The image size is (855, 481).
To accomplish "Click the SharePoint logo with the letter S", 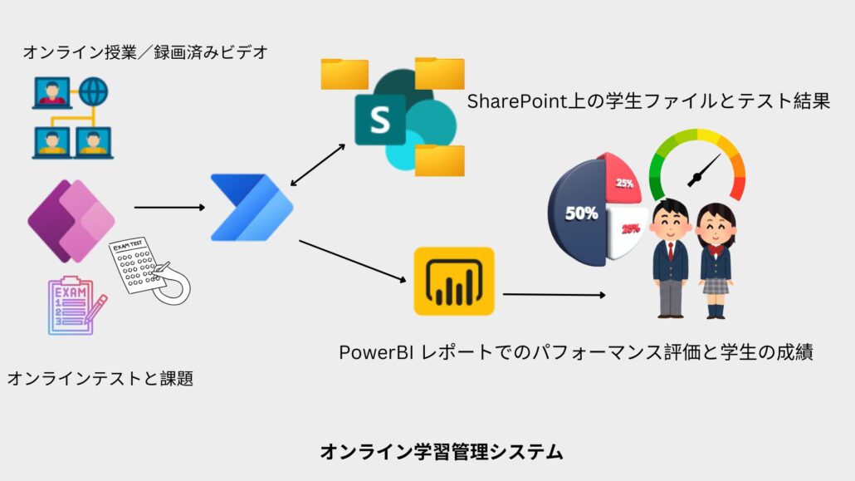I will tap(380, 120).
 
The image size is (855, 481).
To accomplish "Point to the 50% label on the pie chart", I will tap(581, 213).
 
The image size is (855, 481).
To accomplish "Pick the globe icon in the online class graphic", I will tap(94, 91).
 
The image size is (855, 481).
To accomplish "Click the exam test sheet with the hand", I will tap(149, 270).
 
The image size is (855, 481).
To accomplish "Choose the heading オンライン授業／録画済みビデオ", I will tap(145, 53).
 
